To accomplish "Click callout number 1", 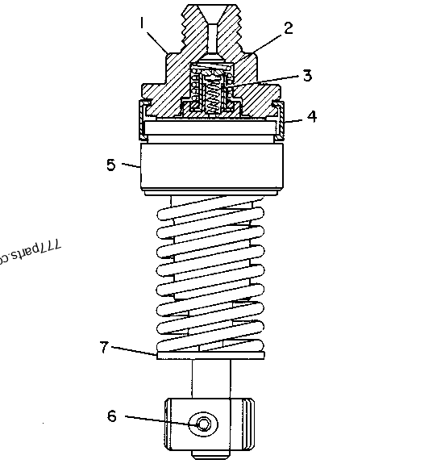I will [x=143, y=24].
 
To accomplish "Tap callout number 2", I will [x=289, y=28].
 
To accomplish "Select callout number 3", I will [x=306, y=76].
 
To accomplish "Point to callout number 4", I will [x=311, y=116].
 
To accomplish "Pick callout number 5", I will [x=111, y=165].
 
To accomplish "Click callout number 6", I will [x=112, y=416].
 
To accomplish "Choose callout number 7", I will [x=104, y=347].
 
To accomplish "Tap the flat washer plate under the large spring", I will [x=211, y=353].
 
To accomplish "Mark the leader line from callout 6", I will [x=157, y=420].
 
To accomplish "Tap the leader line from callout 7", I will [x=133, y=350].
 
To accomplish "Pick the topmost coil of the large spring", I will [x=211, y=211].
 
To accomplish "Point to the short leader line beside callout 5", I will [x=131, y=165].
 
